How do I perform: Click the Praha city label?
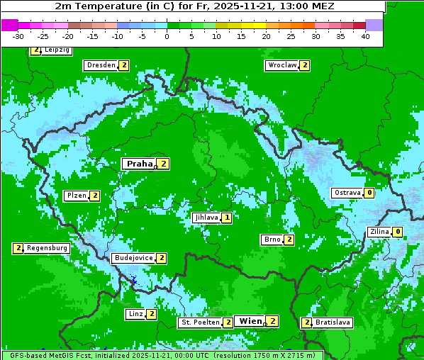[140, 164]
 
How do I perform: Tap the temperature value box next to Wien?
[272, 321]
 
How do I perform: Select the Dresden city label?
[101, 65]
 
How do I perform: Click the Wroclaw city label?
[281, 65]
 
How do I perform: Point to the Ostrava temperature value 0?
[369, 193]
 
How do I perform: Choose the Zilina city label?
[379, 232]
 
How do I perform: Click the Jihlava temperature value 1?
[226, 218]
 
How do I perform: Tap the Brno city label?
[271, 240]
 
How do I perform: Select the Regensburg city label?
[48, 248]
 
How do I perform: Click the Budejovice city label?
[133, 258]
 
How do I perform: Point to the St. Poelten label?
[200, 322]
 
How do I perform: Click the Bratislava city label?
[333, 322]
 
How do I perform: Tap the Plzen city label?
[76, 196]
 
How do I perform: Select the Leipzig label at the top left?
[57, 50]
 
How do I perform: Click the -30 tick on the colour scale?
[18, 36]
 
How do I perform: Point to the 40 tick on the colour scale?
[365, 36]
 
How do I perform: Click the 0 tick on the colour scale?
[167, 36]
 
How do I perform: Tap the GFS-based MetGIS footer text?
[162, 355]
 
